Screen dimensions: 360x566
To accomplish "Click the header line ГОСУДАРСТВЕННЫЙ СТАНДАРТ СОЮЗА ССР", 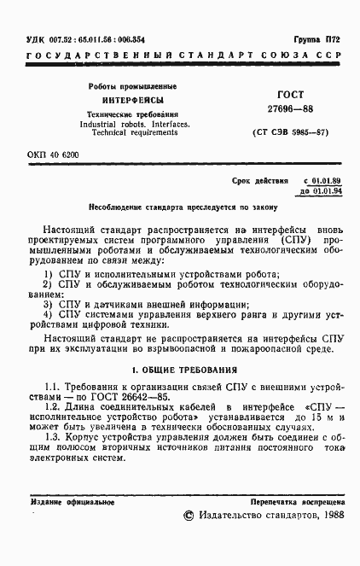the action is (184, 56).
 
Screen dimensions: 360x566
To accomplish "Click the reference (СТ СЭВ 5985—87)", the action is (287, 135).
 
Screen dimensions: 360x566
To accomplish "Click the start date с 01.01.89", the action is (322, 182).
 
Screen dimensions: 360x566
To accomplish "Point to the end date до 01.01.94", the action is (322, 192).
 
